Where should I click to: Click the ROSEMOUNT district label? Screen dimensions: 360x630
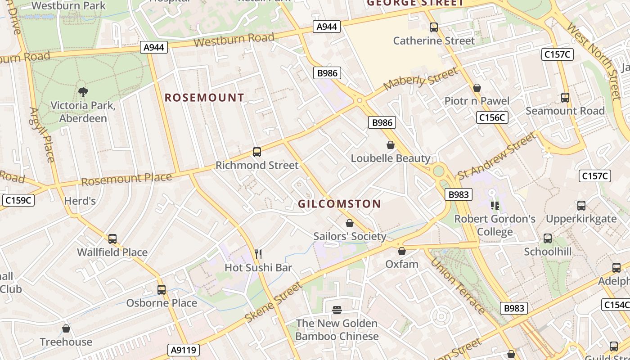pos(204,98)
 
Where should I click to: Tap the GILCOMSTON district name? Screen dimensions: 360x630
pos(339,204)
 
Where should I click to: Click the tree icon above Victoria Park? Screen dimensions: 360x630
pos(83,92)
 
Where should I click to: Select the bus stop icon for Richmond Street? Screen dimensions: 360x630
pos(257,152)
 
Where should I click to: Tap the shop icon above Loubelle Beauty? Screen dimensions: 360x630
pos(391,145)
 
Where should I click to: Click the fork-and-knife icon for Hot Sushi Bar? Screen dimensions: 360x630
pos(258,254)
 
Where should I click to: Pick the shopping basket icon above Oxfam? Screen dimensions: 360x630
pos(402,251)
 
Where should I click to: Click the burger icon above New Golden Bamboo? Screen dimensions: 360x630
pos(337,310)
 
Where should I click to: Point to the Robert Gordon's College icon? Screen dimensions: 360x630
pos(495,206)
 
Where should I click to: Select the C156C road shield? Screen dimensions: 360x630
pos(492,118)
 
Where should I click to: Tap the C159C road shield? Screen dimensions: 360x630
pos(18,200)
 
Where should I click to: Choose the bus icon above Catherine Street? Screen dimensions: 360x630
pos(434,27)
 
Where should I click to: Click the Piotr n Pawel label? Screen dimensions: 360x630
pos(477,101)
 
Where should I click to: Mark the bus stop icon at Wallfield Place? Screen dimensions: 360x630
pos(112,239)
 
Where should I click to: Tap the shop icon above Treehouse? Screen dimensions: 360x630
pos(66,328)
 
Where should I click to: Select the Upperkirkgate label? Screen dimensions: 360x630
pos(581,219)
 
